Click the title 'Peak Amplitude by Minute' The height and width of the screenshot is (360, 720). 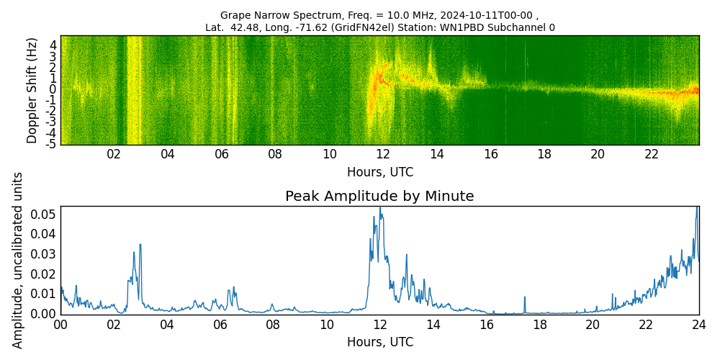pos(379,197)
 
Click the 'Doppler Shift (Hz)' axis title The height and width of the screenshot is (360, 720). pos(32,90)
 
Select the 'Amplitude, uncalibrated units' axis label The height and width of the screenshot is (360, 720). pos(18,260)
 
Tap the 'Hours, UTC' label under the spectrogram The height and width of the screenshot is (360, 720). pos(379,173)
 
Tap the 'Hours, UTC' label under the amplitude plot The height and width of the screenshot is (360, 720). pos(379,342)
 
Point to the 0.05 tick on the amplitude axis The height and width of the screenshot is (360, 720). pos(44,214)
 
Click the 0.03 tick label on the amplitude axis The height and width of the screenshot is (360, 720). pos(44,253)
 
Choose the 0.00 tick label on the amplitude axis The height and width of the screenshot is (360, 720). pos(44,313)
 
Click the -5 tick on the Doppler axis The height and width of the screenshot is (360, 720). pos(52,143)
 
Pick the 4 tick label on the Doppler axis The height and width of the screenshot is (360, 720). pos(53,45)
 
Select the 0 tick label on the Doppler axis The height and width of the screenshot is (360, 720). pos(53,89)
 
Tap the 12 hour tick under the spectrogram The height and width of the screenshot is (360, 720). pos(383,154)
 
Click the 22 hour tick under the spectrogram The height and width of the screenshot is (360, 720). pos(652,154)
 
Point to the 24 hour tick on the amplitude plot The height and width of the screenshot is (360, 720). pos(698,325)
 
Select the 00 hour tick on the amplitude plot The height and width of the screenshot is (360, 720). pos(60,325)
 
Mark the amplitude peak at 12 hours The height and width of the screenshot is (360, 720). pos(380,208)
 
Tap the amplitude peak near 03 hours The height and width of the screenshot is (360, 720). pos(140,244)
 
